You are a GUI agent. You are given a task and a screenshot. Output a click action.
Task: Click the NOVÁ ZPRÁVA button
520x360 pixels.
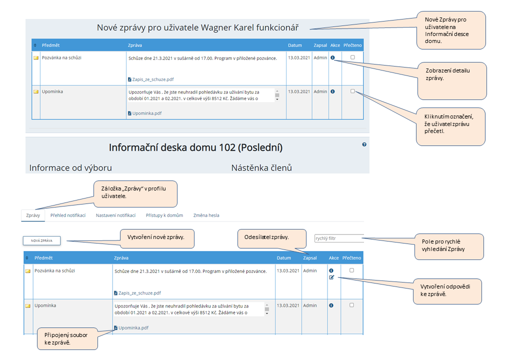point(41,240)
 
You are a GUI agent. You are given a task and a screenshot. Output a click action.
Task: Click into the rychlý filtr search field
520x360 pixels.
point(338,238)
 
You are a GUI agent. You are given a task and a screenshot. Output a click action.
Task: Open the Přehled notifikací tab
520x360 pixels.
point(68,215)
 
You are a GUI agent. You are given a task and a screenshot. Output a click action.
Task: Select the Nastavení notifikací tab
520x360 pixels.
point(115,215)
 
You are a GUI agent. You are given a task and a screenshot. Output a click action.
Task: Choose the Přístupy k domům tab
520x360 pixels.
point(164,215)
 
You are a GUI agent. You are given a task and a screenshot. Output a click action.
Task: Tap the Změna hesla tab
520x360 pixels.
point(206,215)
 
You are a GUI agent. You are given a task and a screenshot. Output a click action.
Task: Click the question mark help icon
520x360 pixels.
point(364,144)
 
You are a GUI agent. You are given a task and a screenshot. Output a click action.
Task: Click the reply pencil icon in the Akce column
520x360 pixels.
point(331,277)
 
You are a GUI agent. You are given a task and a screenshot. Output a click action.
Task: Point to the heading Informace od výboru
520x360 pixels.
point(70,168)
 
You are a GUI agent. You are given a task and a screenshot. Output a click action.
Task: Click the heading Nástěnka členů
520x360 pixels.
point(261,168)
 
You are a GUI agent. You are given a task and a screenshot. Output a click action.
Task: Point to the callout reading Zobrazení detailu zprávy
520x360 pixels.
point(451,78)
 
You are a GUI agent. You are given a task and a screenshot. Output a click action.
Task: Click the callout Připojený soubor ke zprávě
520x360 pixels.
point(67,338)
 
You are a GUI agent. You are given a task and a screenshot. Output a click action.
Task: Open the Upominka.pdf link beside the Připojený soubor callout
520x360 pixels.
point(133,328)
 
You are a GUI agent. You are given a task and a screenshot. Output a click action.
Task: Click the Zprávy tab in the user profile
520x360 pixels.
point(33,215)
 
